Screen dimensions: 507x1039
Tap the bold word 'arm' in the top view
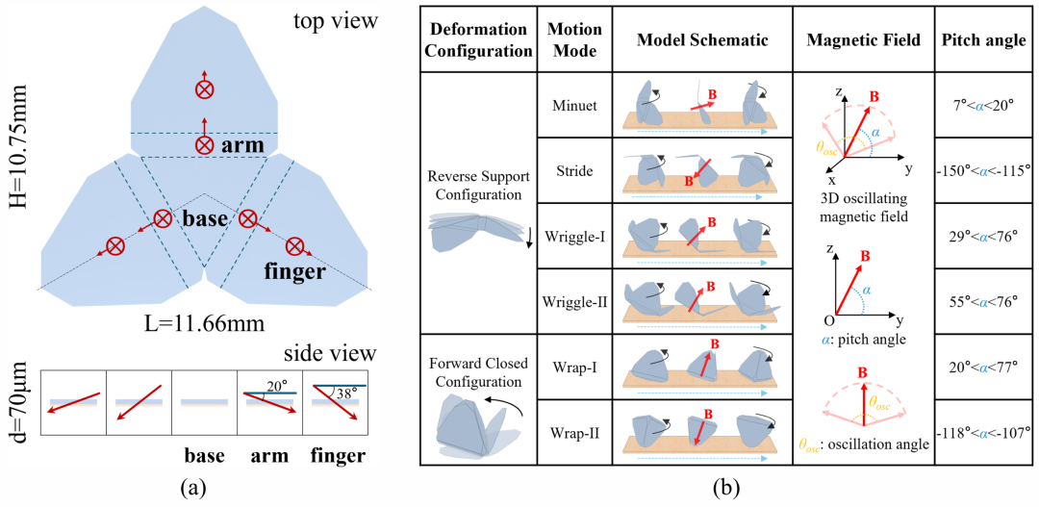[x=242, y=145]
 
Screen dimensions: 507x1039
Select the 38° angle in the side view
[x=346, y=392]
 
